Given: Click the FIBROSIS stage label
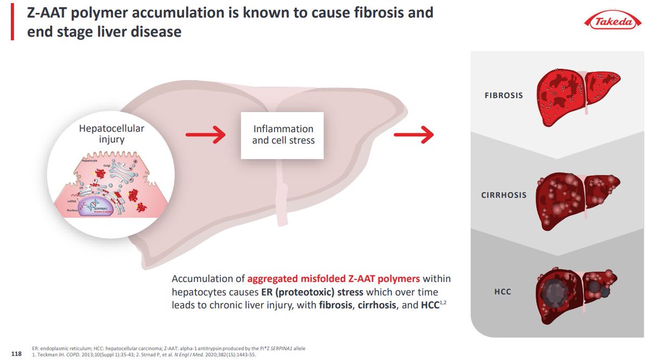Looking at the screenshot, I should pyautogui.click(x=504, y=95).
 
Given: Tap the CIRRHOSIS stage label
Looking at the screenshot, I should pyautogui.click(x=504, y=195).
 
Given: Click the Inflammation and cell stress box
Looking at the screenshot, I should pyautogui.click(x=282, y=135).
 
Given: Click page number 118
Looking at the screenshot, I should pyautogui.click(x=16, y=354).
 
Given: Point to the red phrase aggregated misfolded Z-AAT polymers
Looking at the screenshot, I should pyautogui.click(x=333, y=279).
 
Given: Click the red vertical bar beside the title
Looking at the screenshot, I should pyautogui.click(x=12, y=21).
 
